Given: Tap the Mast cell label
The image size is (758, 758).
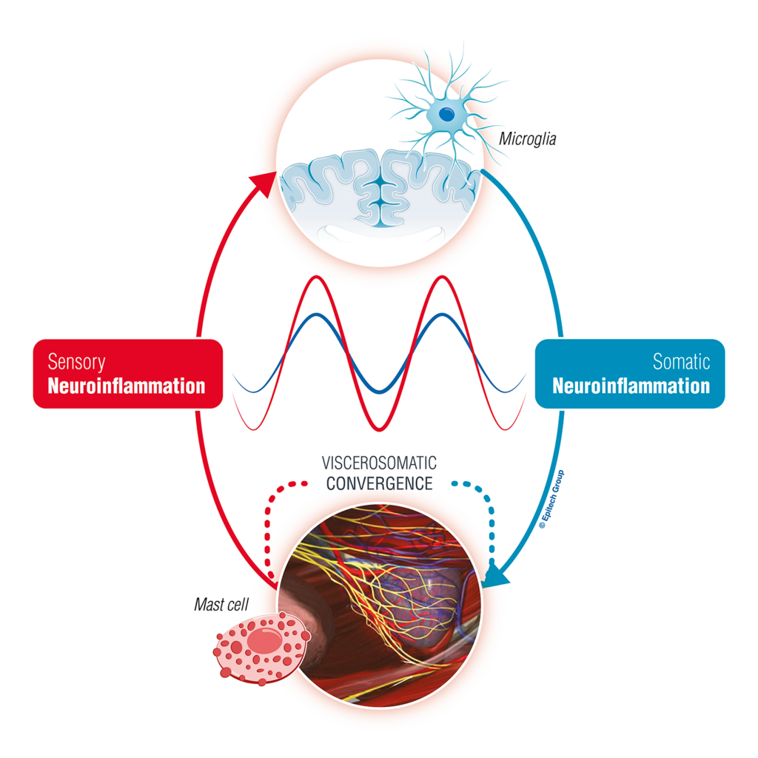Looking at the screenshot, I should pos(221,605).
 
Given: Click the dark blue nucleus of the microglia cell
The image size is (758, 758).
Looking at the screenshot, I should pos(446,114).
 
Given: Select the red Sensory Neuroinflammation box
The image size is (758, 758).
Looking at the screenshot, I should pos(127,373).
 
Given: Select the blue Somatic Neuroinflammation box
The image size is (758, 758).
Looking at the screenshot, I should pos(629,373).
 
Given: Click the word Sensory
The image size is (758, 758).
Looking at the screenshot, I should pos(76,361).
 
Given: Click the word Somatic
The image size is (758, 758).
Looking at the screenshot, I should pos(681,361).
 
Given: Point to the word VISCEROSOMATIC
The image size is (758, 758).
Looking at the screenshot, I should pos(379,463).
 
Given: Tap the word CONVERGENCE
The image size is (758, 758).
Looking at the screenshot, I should pos(379,484).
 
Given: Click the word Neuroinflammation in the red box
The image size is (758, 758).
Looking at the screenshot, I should pos(127,386).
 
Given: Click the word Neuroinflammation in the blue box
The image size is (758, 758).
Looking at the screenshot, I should pos(631,386).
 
